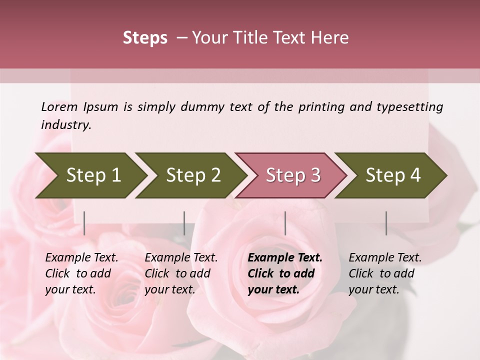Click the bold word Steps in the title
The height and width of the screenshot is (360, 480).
(x=145, y=37)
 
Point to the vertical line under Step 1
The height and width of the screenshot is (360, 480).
(x=84, y=223)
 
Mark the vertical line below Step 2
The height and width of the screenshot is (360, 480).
(x=184, y=223)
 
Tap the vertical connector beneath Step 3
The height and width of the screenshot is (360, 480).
(x=285, y=223)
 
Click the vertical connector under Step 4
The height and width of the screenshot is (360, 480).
(x=386, y=223)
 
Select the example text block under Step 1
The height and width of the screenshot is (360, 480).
(x=81, y=273)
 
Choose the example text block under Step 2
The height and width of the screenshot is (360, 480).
(x=181, y=273)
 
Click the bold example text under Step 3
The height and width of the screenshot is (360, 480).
(x=285, y=273)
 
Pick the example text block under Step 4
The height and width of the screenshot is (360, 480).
(x=385, y=273)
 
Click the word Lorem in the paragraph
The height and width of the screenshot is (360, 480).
(x=59, y=107)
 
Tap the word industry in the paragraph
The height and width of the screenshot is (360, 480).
(x=66, y=125)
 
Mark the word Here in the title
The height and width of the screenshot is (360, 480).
(x=330, y=37)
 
